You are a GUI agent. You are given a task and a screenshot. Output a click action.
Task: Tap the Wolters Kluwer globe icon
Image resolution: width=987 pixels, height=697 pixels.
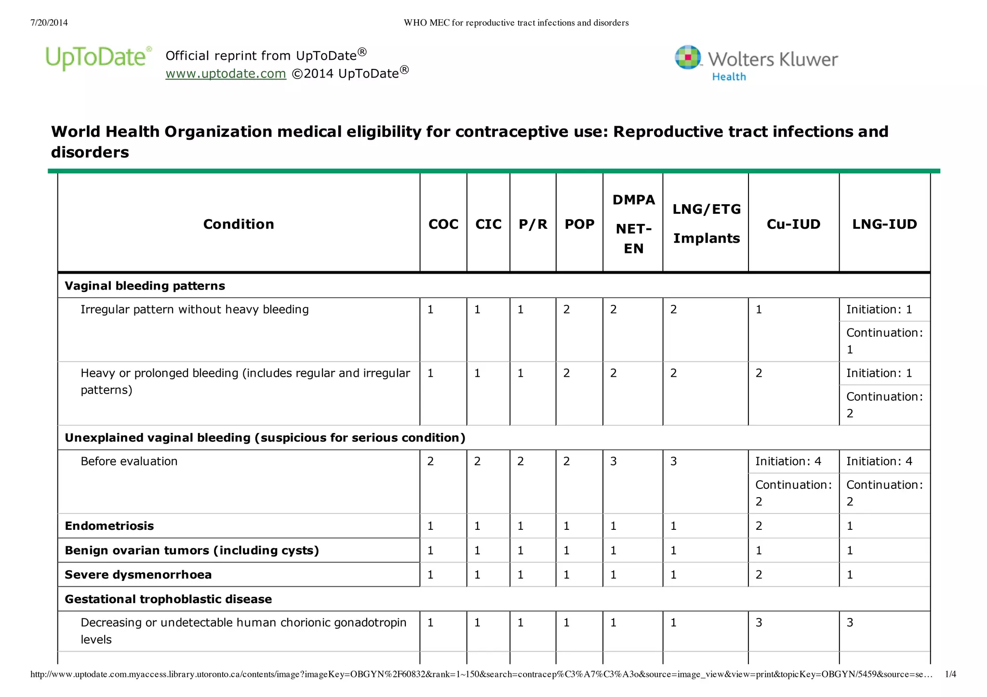688,58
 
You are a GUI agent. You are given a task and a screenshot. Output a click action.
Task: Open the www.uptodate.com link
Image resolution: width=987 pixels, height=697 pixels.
226,74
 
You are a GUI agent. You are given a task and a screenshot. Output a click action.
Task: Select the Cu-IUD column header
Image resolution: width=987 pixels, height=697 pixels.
793,224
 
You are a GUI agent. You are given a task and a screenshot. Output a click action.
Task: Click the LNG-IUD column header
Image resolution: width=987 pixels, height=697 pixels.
884,224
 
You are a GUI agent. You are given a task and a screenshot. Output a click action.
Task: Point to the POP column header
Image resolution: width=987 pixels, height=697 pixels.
579,224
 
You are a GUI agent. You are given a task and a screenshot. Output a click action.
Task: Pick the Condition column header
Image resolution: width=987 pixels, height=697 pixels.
239,224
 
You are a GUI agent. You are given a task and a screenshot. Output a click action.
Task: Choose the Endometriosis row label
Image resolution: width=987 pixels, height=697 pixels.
109,526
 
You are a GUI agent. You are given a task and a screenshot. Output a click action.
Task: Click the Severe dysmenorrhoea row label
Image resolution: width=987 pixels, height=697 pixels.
138,575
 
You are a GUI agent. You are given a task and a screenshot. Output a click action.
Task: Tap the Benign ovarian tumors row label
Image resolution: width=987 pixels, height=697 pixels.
192,551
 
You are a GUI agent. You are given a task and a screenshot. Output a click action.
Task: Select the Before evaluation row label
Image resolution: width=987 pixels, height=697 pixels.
129,461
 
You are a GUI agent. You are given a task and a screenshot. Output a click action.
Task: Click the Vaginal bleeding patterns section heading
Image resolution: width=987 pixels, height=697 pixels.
145,286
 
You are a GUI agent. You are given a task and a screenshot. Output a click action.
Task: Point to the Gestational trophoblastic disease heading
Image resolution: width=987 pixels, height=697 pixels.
168,599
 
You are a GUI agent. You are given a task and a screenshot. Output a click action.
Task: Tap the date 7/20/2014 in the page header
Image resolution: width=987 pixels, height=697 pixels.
49,23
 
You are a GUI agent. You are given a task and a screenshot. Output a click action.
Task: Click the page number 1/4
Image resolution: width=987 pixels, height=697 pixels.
950,674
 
